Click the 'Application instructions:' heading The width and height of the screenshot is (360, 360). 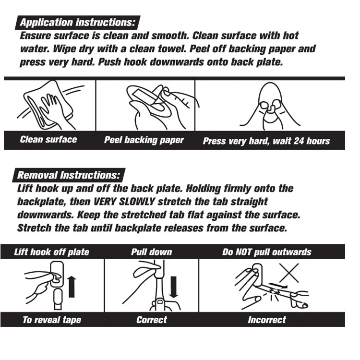click(x=78, y=23)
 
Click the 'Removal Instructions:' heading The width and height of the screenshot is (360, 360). click(x=69, y=175)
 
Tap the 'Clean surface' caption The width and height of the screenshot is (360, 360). click(x=48, y=139)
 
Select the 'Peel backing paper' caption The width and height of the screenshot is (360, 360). click(x=144, y=140)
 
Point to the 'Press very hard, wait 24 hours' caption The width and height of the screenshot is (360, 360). click(x=266, y=141)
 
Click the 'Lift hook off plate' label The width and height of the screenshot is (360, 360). click(x=52, y=252)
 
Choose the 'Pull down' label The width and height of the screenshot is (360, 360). click(x=152, y=252)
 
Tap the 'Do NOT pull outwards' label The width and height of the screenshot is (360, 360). click(x=267, y=252)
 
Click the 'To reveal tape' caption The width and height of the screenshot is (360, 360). click(x=52, y=320)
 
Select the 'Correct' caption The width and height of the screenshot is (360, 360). click(x=152, y=320)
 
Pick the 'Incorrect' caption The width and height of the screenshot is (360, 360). click(x=267, y=320)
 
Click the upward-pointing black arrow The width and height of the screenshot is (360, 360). click(x=72, y=287)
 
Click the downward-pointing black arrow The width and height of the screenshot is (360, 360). click(x=174, y=287)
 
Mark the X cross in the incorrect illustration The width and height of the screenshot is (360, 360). click(x=289, y=273)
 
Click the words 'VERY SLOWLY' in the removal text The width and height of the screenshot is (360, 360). click(x=124, y=202)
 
